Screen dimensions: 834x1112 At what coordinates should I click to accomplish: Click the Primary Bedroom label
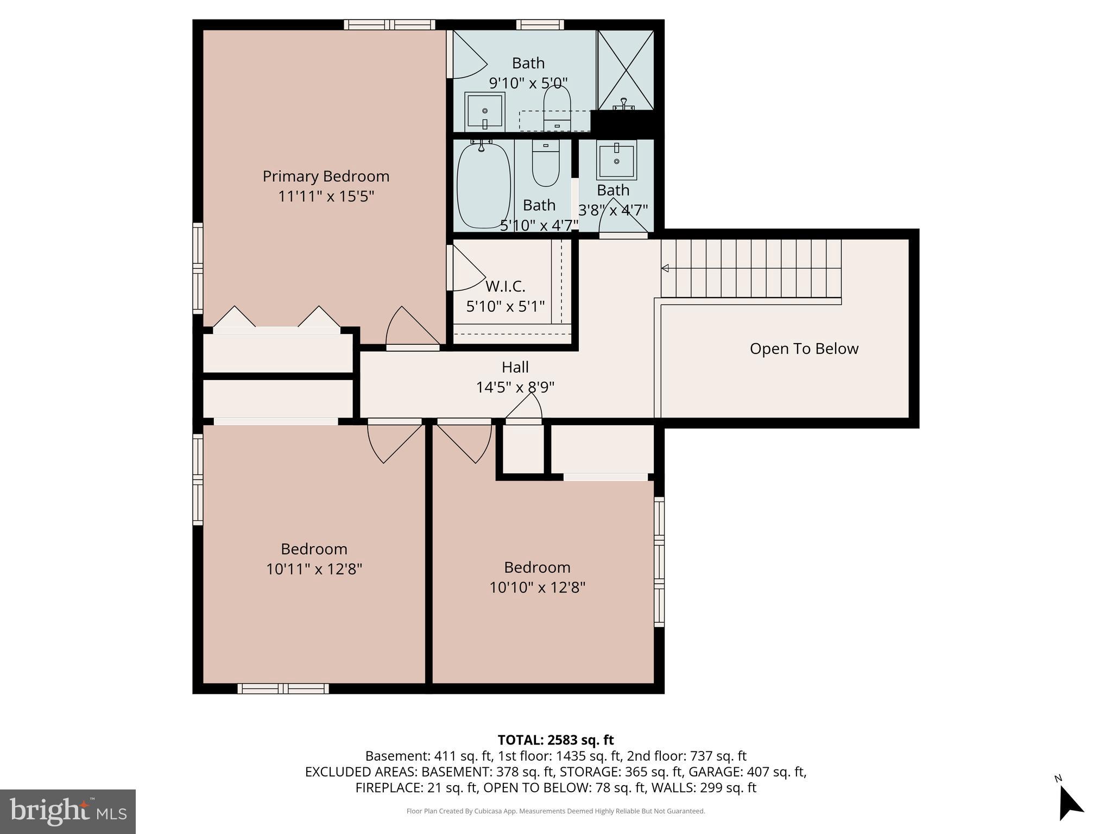point(326,176)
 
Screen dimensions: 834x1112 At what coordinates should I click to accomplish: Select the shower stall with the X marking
point(625,69)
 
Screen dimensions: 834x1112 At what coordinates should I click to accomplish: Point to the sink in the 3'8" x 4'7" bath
point(616,160)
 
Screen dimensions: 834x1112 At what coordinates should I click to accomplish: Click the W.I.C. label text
point(505,286)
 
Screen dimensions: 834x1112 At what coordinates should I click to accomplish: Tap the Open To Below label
point(804,349)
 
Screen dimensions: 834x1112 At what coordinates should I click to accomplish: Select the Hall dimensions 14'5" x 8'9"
point(515,387)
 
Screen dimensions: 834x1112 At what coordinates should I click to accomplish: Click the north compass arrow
point(1070,804)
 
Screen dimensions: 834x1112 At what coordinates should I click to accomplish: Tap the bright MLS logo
point(68,811)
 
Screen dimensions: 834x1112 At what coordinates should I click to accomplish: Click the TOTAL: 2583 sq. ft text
point(555,740)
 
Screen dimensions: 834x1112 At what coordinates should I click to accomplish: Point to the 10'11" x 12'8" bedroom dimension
point(314,569)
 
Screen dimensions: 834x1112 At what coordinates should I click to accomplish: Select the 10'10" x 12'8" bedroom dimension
point(537,587)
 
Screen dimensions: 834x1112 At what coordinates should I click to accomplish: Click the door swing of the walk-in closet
point(467,268)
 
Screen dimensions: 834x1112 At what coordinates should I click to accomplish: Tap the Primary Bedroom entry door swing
point(410,326)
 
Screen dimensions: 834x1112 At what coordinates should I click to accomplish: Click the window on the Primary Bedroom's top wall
point(389,24)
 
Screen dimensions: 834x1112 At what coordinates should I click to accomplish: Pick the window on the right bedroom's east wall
point(659,561)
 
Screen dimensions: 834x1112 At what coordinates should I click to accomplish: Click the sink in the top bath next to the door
point(485,111)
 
